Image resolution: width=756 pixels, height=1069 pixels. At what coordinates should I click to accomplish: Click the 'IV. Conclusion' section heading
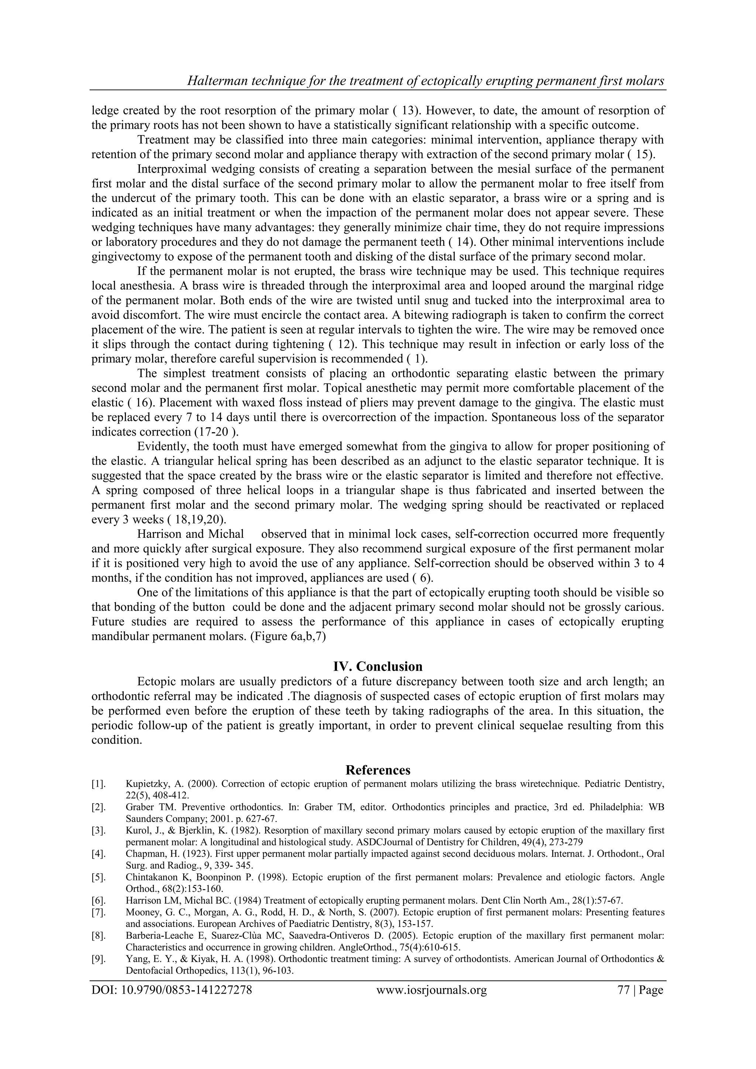coord(378,666)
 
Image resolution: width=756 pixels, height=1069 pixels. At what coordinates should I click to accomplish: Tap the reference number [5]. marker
coord(98,877)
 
